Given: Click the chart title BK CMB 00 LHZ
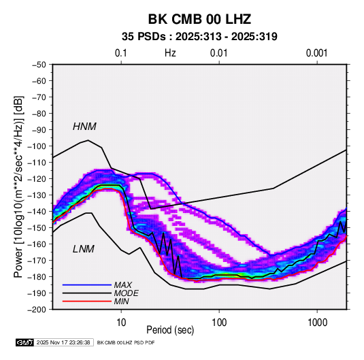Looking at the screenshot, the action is (199, 19).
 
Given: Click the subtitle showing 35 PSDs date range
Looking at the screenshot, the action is (199, 37).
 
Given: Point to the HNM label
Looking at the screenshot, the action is (84, 127).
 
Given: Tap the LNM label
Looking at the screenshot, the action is (84, 249).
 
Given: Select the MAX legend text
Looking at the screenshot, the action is (123, 284).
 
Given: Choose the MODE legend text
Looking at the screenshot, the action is (127, 293).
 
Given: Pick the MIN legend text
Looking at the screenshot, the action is (121, 301).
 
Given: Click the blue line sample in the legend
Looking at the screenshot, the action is (87, 284).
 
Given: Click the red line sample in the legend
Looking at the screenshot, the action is (87, 301).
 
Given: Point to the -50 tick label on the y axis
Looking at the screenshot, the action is (39, 65).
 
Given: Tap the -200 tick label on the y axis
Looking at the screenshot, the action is (37, 310).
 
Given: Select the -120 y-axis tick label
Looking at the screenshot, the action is (37, 179).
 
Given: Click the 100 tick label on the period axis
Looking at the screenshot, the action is (219, 323).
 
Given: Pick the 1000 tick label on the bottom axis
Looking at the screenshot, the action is (317, 323).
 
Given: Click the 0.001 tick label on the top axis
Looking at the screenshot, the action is (317, 53).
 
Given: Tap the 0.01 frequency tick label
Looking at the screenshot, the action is (218, 53).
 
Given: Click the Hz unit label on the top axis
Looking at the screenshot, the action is (170, 53).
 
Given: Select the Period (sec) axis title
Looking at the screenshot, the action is (170, 330).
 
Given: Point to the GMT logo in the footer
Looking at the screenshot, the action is (25, 342).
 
